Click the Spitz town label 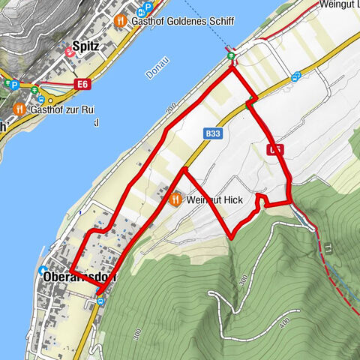[x=86, y=46]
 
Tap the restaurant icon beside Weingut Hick [x=175, y=199]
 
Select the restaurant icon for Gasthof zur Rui [x=19, y=109]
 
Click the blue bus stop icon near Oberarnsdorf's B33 [x=100, y=301]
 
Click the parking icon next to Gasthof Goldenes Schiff [x=147, y=7]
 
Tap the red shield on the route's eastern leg [x=274, y=150]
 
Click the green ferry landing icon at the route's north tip [x=231, y=56]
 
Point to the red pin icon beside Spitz [x=70, y=51]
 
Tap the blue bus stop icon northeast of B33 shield [x=296, y=76]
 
